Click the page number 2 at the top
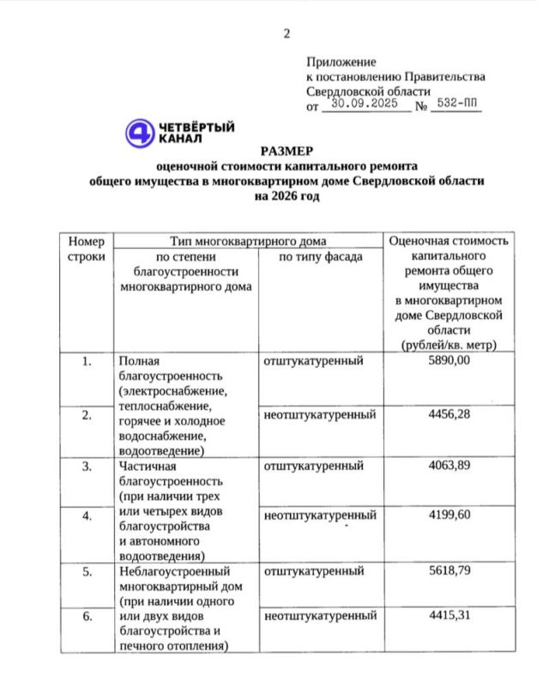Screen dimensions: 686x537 tap(287, 34)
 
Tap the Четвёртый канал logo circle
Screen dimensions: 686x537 tap(139, 133)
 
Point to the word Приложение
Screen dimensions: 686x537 tap(341, 62)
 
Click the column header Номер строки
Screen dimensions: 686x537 tap(86, 249)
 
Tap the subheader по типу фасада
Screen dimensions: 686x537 tap(321, 256)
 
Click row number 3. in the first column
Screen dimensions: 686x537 tap(86, 466)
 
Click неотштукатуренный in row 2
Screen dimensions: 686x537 tap(321, 415)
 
